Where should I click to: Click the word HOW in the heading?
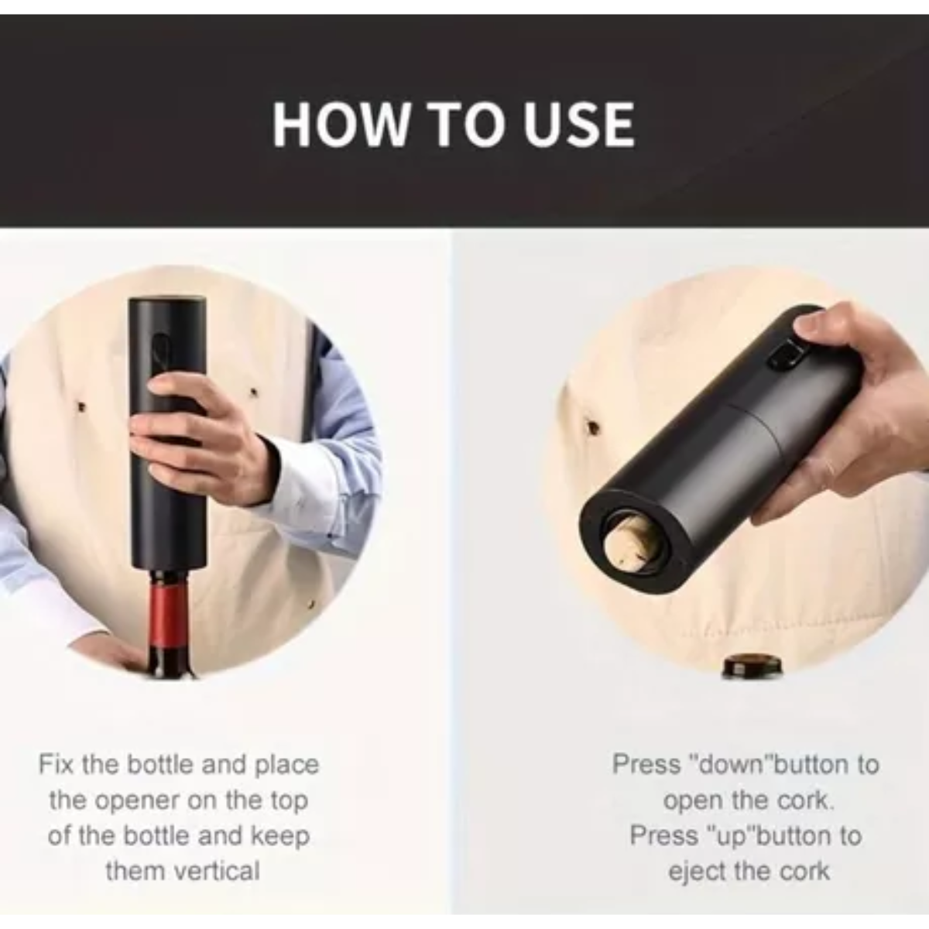[339, 125]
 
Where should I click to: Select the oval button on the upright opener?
[159, 343]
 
